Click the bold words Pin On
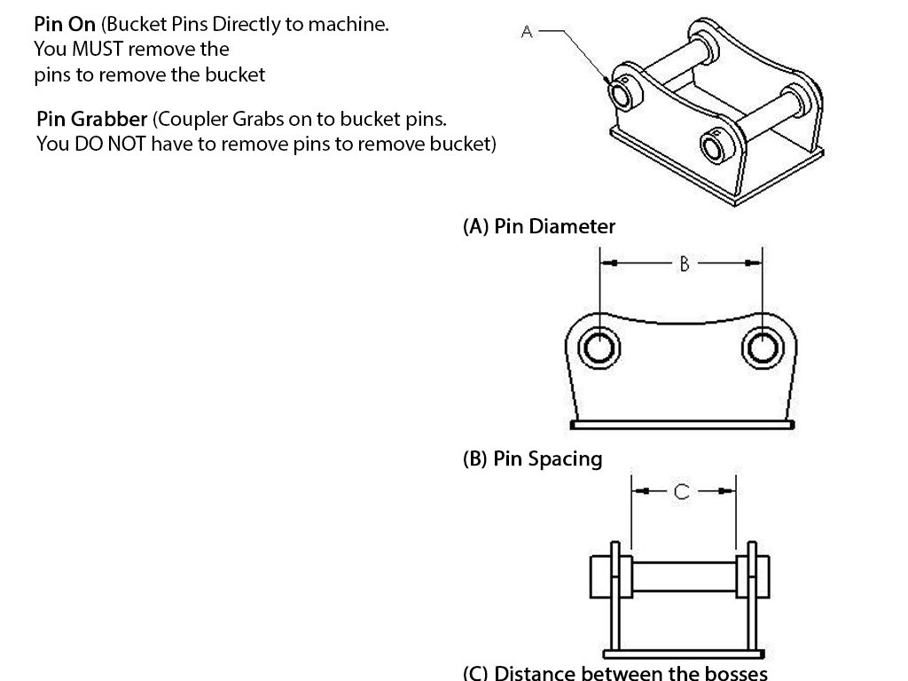tap(65, 25)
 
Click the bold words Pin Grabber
tap(92, 120)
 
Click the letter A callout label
tap(527, 31)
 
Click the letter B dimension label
tap(684, 262)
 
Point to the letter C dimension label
tap(681, 491)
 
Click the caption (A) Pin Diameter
tap(539, 226)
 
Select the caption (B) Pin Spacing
tap(533, 459)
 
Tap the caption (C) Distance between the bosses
tap(615, 672)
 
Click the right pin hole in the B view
tap(760, 347)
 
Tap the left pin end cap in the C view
tap(599, 575)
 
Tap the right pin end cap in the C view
tap(763, 575)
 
